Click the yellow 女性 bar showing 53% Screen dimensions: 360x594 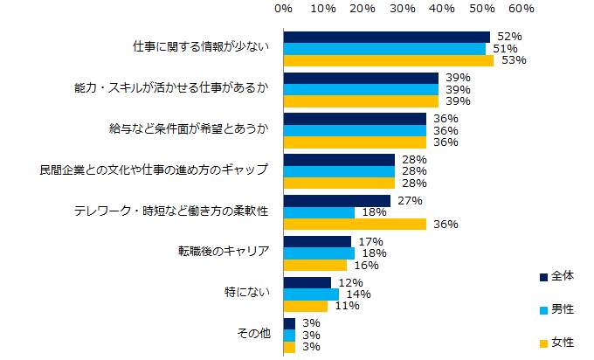pyautogui.click(x=389, y=61)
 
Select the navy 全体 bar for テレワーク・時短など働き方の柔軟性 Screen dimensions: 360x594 pyautogui.click(x=337, y=201)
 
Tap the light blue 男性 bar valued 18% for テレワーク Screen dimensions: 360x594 pyautogui.click(x=319, y=212)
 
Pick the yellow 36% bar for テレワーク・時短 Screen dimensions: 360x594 pyautogui.click(x=355, y=225)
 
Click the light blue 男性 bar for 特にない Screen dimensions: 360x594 pyautogui.click(x=311, y=294)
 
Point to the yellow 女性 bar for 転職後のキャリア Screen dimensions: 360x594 pyautogui.click(x=315, y=265)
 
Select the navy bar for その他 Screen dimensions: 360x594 pyautogui.click(x=289, y=323)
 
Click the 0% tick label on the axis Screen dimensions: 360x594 pyautogui.click(x=283, y=9)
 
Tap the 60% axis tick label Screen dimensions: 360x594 pyautogui.click(x=521, y=9)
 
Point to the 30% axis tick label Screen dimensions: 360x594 pyautogui.click(x=402, y=9)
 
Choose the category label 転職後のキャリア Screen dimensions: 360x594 pyautogui.click(x=223, y=253)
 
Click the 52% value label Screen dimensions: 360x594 pyautogui.click(x=509, y=37)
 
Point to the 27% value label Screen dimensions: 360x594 pyautogui.click(x=410, y=200)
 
